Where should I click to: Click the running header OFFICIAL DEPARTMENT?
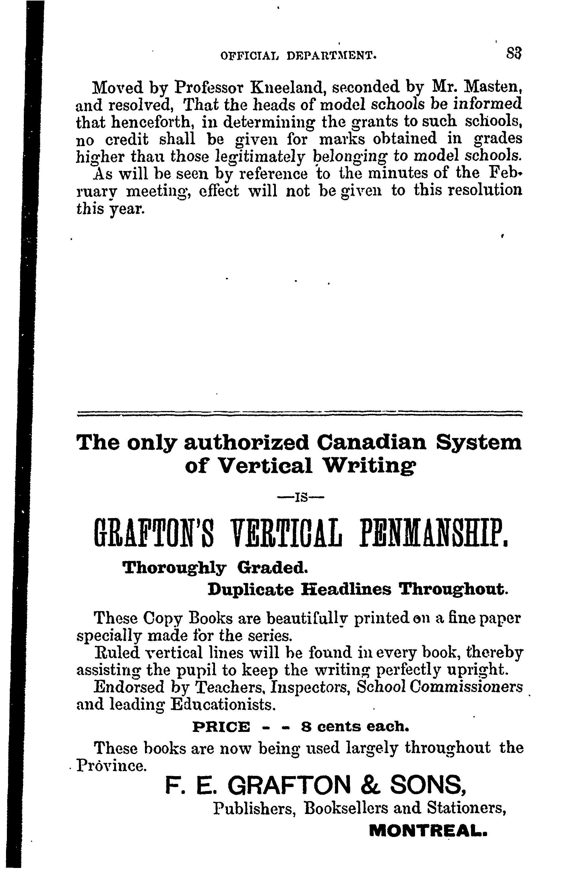[299, 55]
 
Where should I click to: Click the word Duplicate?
[250, 590]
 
